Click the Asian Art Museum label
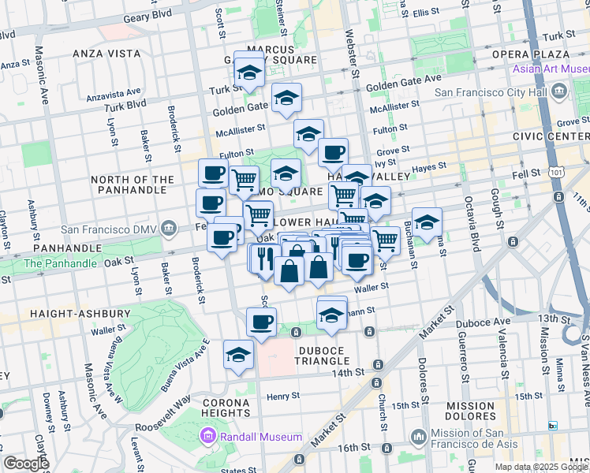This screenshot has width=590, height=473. pos(551,69)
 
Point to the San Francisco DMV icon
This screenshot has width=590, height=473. pos(168,229)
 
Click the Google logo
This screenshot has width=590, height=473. pos(25,464)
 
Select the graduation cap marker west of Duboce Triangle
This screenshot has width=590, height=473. pos(238,354)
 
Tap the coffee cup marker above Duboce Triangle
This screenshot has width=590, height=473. pos(262,321)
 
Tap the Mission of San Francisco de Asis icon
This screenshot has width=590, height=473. pos(419,435)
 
